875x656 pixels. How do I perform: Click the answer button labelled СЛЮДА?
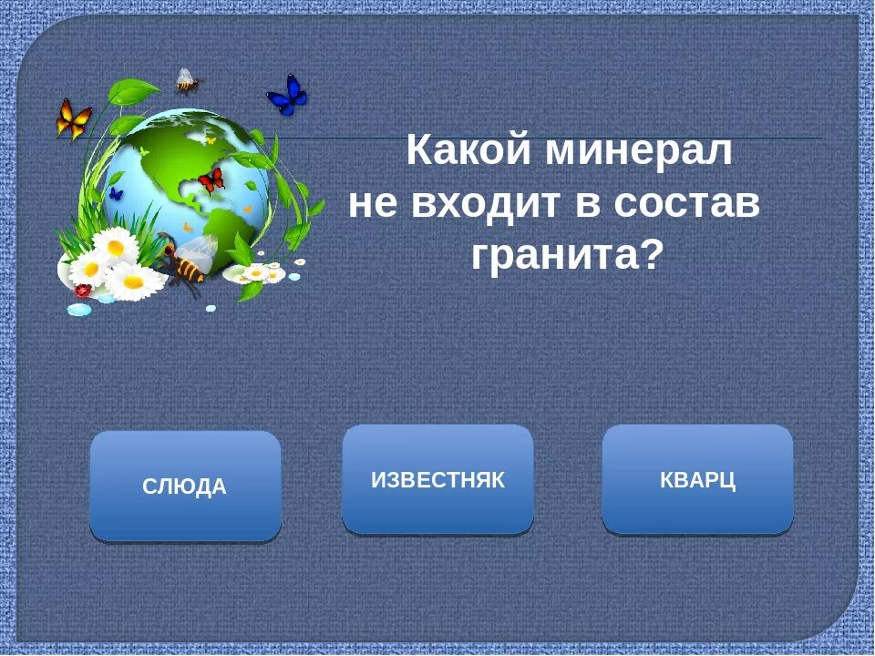click(x=185, y=487)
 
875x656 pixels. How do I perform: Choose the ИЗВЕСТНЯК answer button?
click(x=437, y=480)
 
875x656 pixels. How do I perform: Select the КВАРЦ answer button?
click(x=697, y=480)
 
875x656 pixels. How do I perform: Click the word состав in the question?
click(x=685, y=203)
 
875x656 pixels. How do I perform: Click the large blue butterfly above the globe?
click(x=287, y=94)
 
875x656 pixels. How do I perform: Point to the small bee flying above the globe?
click(x=187, y=81)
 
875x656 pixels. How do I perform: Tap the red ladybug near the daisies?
click(x=83, y=290)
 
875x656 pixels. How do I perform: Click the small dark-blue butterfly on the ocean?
click(x=116, y=193)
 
